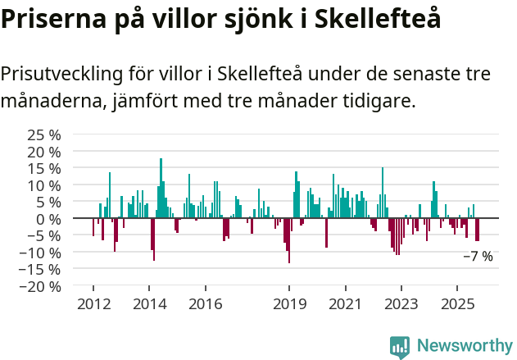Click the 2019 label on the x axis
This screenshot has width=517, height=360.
click(x=288, y=304)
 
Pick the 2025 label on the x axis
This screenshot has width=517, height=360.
click(x=457, y=304)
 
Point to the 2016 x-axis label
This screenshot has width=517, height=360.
click(x=205, y=304)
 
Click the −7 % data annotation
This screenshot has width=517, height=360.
click(x=478, y=257)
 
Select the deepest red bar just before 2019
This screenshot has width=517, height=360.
click(x=288, y=240)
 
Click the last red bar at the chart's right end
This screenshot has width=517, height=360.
click(x=478, y=230)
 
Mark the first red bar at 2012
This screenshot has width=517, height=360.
click(x=93, y=227)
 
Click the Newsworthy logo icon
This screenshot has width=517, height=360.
click(x=400, y=346)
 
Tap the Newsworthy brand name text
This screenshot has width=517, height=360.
click(x=464, y=345)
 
